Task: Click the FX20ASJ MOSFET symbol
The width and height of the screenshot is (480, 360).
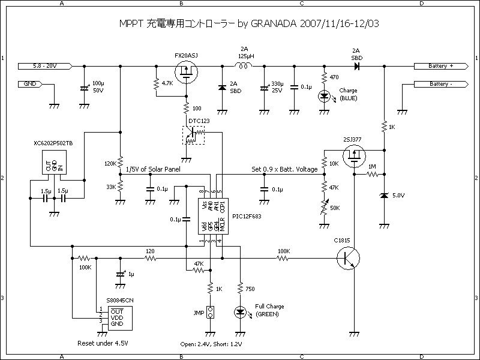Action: tap(191, 74)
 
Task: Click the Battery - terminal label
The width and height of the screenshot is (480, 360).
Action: tap(441, 85)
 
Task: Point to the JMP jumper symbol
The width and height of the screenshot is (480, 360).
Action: tap(211, 313)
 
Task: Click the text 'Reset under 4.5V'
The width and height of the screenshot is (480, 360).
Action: tap(103, 344)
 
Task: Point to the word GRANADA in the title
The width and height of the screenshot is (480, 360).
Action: tap(276, 24)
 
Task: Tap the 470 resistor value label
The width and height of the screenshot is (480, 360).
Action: tap(334, 77)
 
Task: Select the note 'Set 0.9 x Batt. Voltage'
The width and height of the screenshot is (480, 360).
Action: tap(284, 170)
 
